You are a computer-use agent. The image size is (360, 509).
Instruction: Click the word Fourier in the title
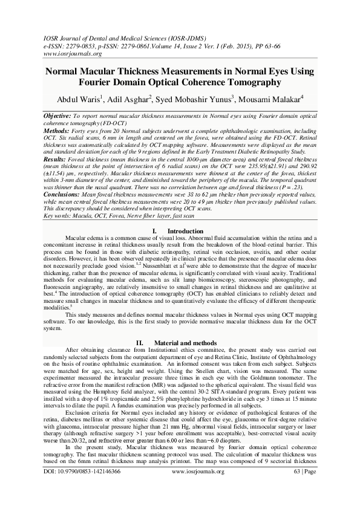pyautogui.click(x=99, y=82)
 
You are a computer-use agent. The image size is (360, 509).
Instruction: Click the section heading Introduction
pyautogui.click(x=185, y=215)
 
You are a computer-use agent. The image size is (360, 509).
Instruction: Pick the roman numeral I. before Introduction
pyautogui.click(x=156, y=215)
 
